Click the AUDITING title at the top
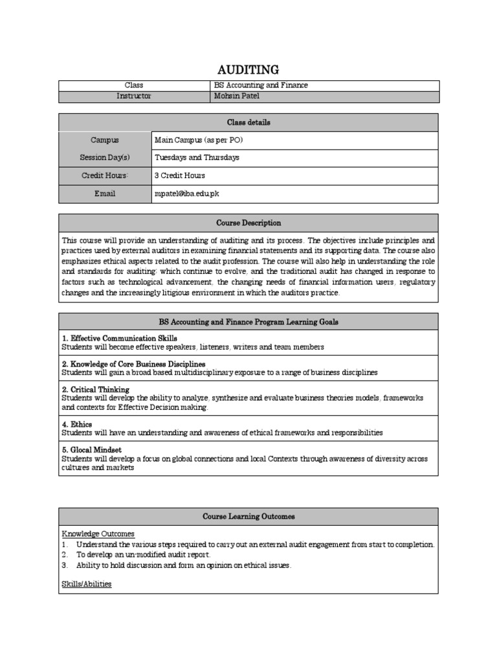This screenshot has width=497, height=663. (x=248, y=69)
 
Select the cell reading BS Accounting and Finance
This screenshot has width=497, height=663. (x=261, y=85)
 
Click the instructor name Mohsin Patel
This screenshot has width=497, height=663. (x=236, y=96)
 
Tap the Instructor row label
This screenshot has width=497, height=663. (x=134, y=96)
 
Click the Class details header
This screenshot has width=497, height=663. (x=248, y=122)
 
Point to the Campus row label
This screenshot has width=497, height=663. (x=105, y=140)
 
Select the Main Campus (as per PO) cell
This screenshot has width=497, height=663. (x=198, y=140)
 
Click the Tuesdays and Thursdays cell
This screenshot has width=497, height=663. (x=197, y=157)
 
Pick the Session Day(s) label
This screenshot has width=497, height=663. (x=105, y=157)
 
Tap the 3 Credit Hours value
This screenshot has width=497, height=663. (x=179, y=175)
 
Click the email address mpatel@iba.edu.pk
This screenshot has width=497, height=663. (x=191, y=194)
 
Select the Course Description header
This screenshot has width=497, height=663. (x=248, y=223)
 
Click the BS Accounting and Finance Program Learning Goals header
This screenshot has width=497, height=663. (x=248, y=322)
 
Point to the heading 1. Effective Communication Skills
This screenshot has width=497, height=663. (x=120, y=339)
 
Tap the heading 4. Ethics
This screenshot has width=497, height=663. (x=77, y=424)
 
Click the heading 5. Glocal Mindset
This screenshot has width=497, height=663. (x=92, y=449)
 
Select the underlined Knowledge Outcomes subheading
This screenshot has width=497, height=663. (x=98, y=534)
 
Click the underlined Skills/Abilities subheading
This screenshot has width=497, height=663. (x=87, y=584)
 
